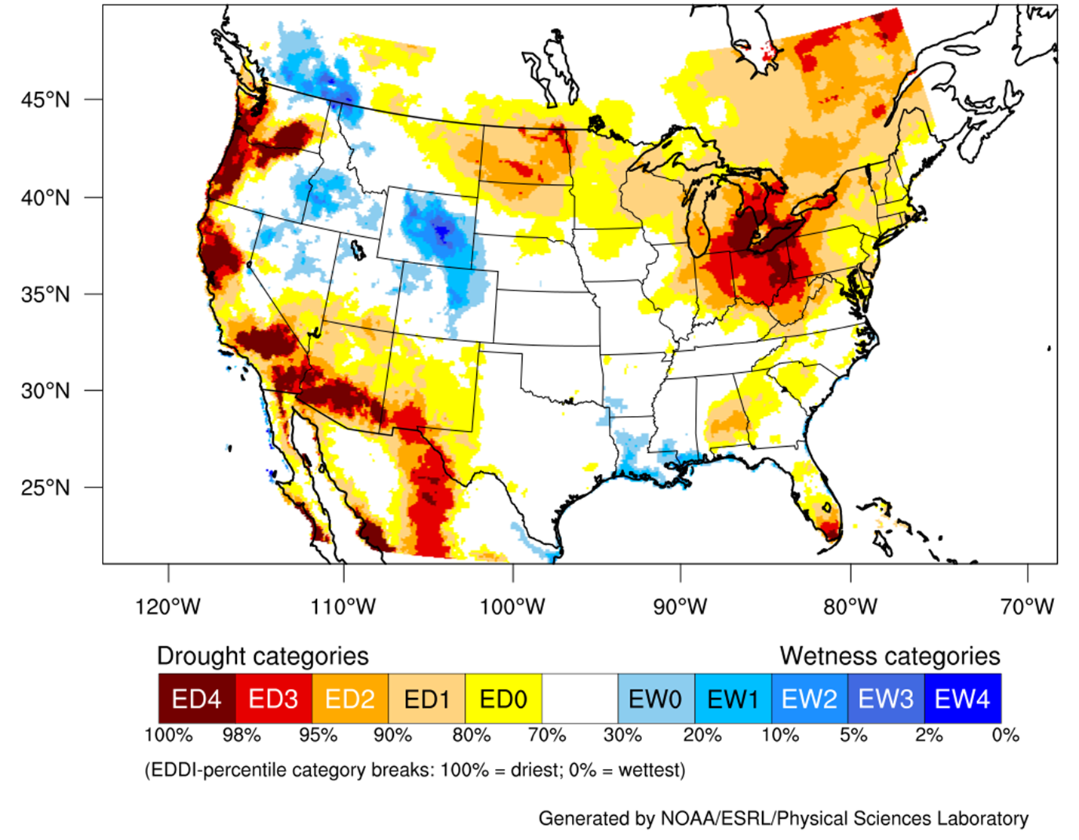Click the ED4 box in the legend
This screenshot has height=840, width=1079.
point(196,699)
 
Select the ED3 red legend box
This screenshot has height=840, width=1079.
point(273,699)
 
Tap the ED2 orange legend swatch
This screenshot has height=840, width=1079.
point(350,699)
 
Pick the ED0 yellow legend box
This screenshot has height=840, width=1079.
point(503,699)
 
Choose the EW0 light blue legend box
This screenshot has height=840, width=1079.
point(656,699)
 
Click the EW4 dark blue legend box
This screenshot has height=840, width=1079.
point(962,699)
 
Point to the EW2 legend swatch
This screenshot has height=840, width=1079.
point(809,699)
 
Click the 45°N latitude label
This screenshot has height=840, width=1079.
point(45,100)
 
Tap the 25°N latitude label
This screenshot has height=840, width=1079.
point(45,488)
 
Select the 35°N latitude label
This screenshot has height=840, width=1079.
point(45,294)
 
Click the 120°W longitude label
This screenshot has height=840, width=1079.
point(168,606)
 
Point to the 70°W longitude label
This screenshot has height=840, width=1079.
point(1027,606)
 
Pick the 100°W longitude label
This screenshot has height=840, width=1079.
point(512,606)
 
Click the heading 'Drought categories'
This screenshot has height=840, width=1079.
point(263,656)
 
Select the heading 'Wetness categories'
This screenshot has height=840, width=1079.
point(890,656)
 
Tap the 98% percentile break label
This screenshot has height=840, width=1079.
point(241,735)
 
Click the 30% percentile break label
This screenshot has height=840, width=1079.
point(622,735)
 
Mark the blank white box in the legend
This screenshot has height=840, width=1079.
point(579,699)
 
